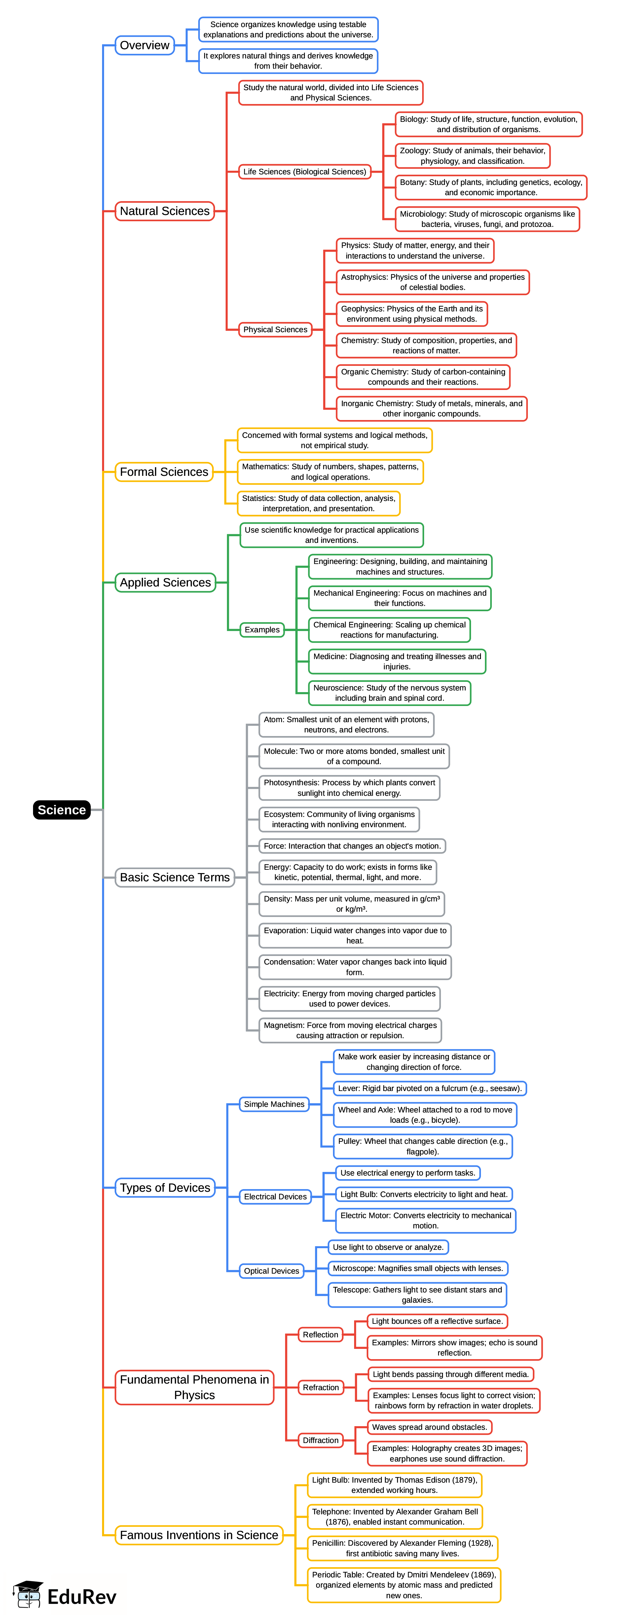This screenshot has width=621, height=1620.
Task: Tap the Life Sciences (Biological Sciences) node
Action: tap(305, 172)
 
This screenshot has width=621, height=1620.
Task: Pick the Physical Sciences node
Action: tap(275, 330)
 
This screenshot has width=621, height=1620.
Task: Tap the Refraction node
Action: tap(320, 1387)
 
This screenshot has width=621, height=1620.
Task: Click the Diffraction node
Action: tap(320, 1440)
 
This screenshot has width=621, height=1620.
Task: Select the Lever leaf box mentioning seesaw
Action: tap(430, 1088)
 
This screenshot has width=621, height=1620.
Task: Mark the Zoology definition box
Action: tap(472, 156)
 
